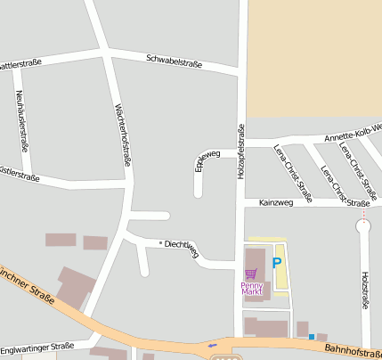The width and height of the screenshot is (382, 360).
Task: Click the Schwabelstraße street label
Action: click(x=174, y=62)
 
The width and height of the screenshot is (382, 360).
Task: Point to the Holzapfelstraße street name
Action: click(x=240, y=151)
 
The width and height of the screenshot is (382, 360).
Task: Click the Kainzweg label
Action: click(x=275, y=203)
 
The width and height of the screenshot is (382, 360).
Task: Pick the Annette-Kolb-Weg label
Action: click(x=353, y=135)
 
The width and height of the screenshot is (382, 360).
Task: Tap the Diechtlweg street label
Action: click(x=182, y=247)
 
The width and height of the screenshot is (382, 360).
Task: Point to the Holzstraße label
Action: click(x=365, y=290)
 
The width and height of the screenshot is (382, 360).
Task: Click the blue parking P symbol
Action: click(x=276, y=263)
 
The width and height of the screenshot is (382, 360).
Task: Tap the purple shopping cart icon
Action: click(x=251, y=274)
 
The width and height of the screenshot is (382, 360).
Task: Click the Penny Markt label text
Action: click(x=252, y=288)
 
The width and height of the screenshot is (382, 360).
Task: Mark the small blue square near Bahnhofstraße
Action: click(x=311, y=337)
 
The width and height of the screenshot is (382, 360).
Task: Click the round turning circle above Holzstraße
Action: click(x=362, y=226)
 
